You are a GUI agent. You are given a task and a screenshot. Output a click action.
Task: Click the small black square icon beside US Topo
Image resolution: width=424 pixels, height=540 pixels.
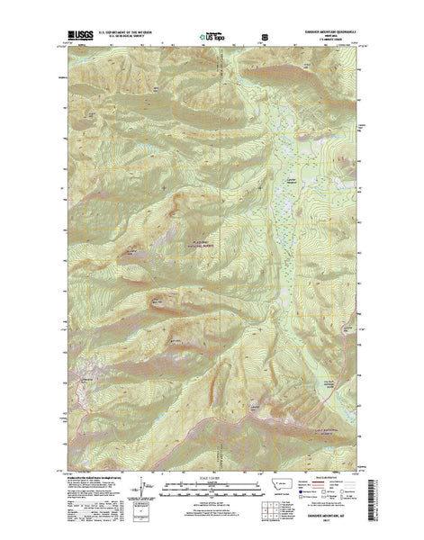pos(264,38)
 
